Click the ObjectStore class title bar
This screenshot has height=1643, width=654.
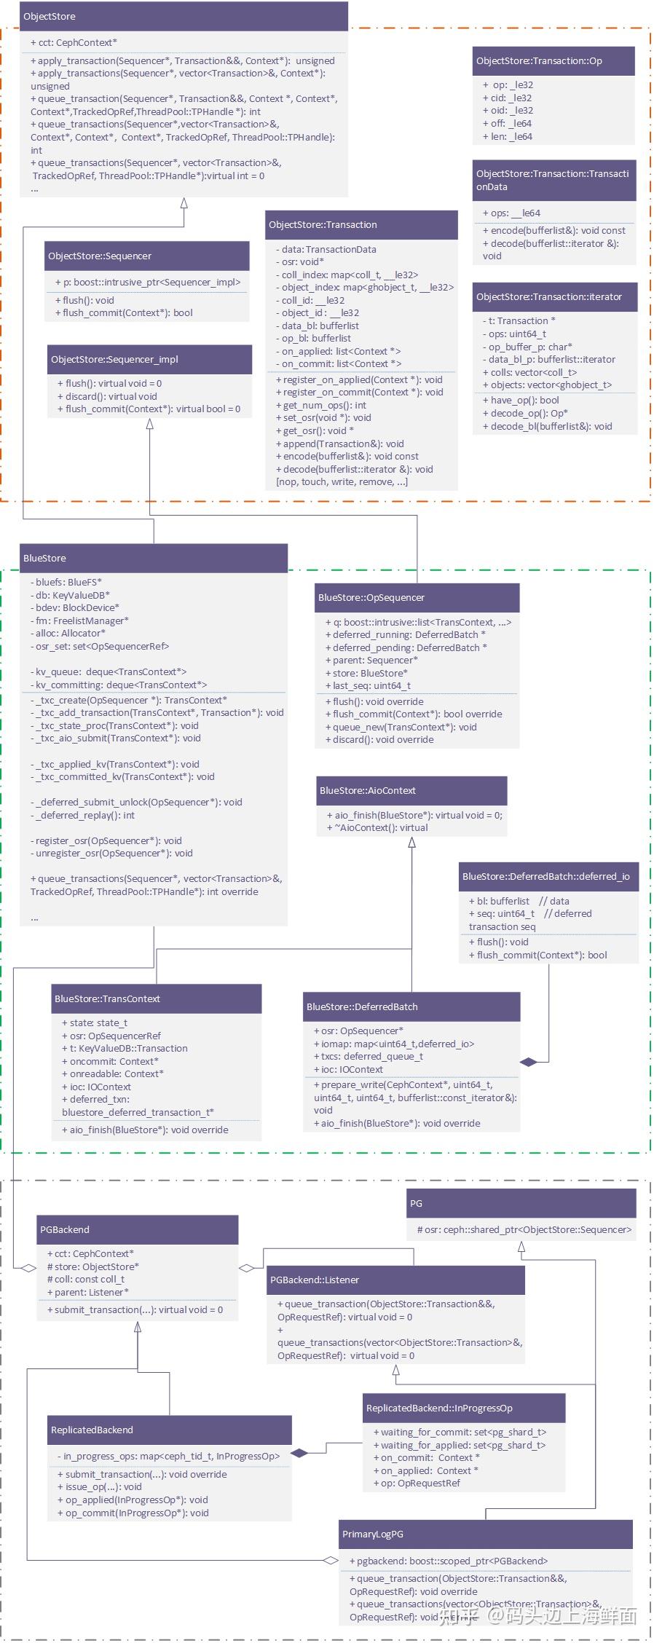click(184, 16)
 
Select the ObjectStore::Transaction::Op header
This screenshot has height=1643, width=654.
click(553, 61)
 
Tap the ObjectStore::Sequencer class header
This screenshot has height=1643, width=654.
click(147, 256)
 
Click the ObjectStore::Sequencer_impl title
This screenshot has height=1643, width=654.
click(149, 359)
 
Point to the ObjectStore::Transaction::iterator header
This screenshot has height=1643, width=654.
click(555, 296)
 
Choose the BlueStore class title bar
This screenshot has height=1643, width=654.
click(154, 558)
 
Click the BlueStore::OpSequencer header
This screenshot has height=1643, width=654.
click(417, 597)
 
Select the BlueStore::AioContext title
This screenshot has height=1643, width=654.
click(411, 790)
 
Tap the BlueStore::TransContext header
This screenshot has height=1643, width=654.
click(157, 998)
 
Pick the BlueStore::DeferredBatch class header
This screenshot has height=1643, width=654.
click(412, 1006)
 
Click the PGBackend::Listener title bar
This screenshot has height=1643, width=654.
click(396, 1280)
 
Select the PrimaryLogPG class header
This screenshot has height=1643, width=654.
click(486, 1534)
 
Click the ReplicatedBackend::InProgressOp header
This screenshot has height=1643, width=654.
click(465, 1408)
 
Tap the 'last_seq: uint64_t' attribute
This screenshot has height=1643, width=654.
click(368, 685)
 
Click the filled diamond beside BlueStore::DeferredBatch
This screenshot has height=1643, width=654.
click(529, 1062)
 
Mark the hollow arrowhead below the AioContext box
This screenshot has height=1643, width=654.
click(412, 843)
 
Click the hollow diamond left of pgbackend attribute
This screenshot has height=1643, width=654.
click(331, 1560)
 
